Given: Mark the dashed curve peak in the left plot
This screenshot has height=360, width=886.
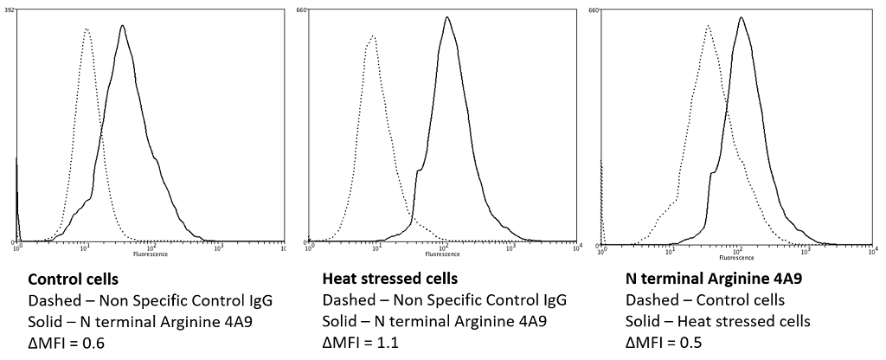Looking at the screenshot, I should click(87, 29).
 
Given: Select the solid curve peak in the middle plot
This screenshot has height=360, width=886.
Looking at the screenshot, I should click(446, 17).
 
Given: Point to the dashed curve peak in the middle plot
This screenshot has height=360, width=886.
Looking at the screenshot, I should click(372, 36).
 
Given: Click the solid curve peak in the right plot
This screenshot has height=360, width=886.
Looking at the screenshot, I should click(741, 17).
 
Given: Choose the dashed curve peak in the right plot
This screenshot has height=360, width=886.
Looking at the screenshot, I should click(708, 26).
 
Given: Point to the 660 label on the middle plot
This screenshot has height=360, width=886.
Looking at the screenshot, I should click(303, 10).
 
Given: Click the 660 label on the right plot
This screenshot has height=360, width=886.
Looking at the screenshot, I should click(594, 10).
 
